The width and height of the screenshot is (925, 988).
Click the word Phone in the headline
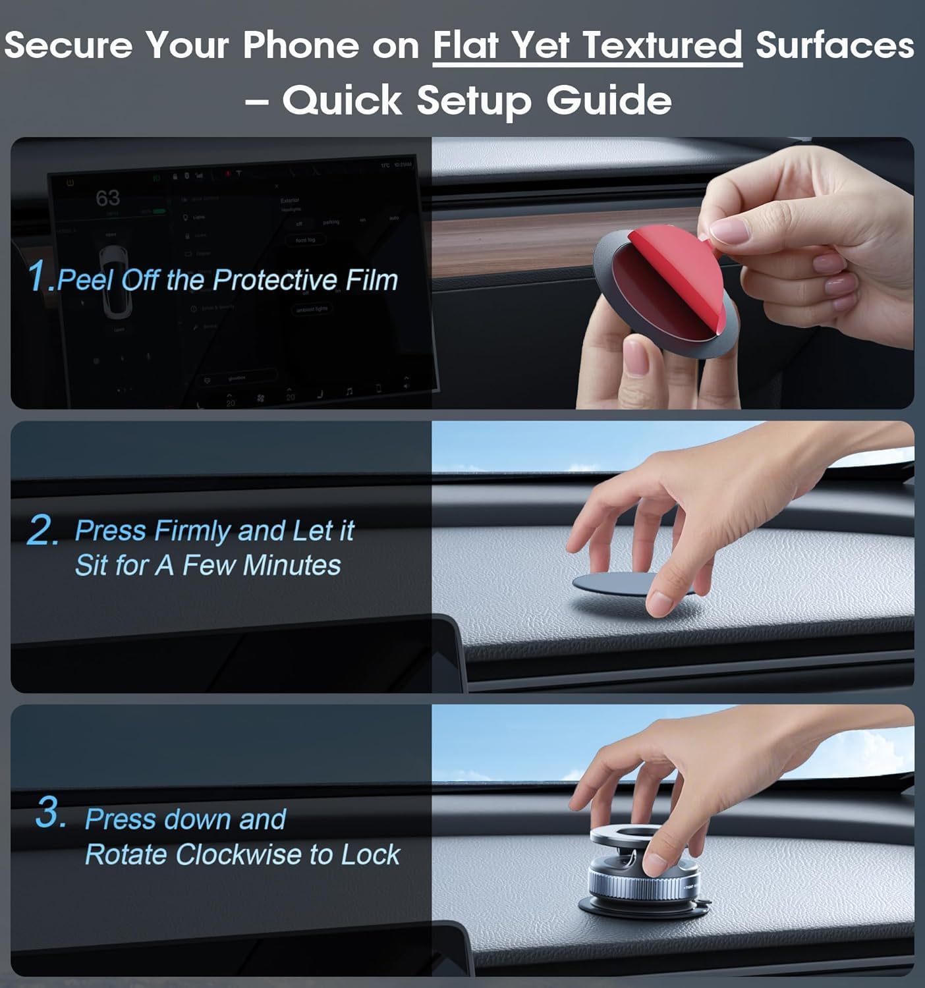(300, 46)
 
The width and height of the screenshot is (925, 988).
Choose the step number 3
(50, 813)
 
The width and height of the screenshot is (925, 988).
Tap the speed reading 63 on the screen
(107, 198)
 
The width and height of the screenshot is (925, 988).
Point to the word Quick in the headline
(343, 101)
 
